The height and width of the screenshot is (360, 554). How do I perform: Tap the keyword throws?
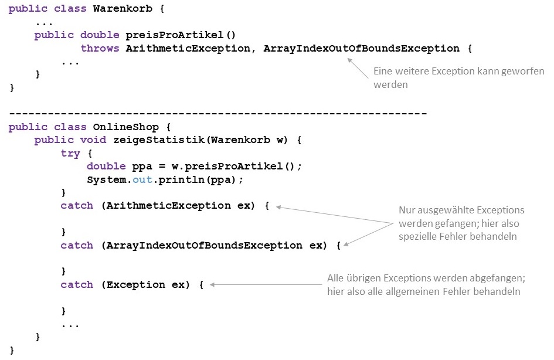click(100, 48)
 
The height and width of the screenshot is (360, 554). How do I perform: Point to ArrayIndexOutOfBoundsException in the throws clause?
click(361, 48)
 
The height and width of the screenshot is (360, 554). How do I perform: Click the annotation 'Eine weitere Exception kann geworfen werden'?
click(458, 78)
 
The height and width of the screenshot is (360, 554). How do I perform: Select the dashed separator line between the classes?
click(218, 113)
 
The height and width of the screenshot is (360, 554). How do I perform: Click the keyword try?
click(70, 153)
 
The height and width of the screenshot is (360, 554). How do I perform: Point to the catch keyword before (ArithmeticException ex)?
click(77, 205)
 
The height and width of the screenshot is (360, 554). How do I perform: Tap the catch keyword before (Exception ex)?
click(77, 284)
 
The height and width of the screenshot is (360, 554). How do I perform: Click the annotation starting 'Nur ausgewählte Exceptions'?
click(461, 223)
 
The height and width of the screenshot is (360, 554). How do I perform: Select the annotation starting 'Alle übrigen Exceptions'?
click(424, 284)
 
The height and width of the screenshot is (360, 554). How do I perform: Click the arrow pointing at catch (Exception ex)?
click(264, 284)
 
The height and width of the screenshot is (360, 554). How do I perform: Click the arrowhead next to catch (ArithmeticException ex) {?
click(278, 206)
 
